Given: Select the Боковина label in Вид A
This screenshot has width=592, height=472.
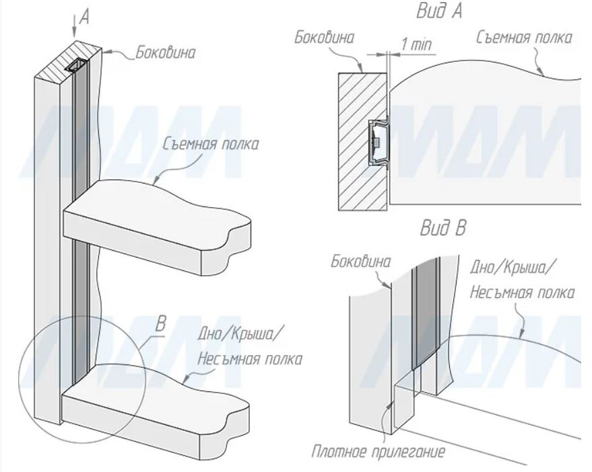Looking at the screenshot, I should click(x=324, y=38).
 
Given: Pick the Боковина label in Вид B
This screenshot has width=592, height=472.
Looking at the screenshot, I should click(x=360, y=262).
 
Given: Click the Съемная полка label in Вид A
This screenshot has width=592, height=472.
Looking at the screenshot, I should click(x=523, y=38).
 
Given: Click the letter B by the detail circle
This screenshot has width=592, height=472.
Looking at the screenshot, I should click(x=160, y=324).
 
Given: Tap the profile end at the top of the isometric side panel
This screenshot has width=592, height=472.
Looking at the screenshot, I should click(x=77, y=66).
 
